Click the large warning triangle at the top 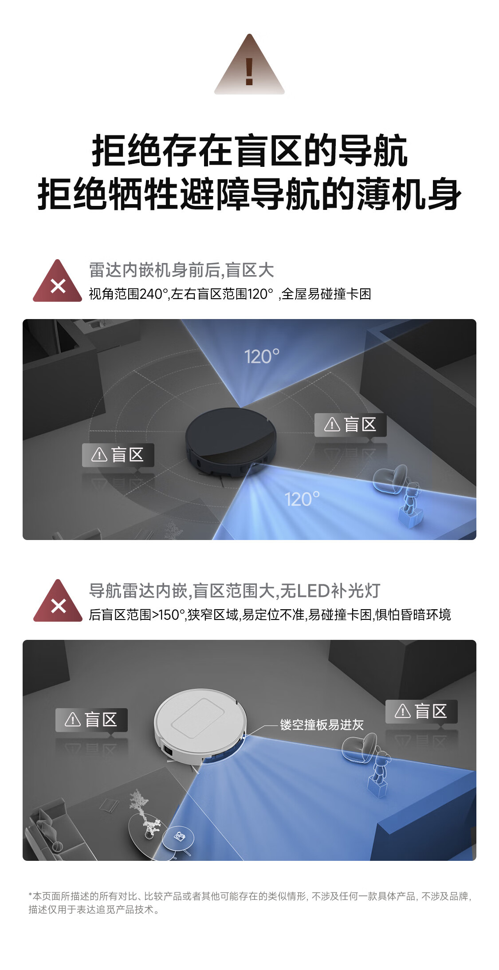[x=249, y=67]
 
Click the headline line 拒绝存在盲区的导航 [x=249, y=151]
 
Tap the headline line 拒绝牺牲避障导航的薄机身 [x=249, y=194]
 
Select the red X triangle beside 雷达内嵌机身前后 [x=58, y=281]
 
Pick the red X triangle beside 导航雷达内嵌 [x=58, y=601]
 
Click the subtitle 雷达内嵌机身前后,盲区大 [x=181, y=270]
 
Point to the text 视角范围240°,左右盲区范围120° [x=181, y=294]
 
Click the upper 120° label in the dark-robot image [x=262, y=357]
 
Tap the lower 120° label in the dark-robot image [x=302, y=499]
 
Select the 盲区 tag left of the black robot [x=118, y=455]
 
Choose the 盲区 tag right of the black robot [x=350, y=425]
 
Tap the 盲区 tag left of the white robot [x=91, y=720]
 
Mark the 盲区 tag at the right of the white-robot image [x=421, y=711]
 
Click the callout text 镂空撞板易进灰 [x=322, y=725]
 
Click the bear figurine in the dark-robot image [x=411, y=504]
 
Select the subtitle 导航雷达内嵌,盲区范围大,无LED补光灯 [x=235, y=591]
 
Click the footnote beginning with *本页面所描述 [x=250, y=903]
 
